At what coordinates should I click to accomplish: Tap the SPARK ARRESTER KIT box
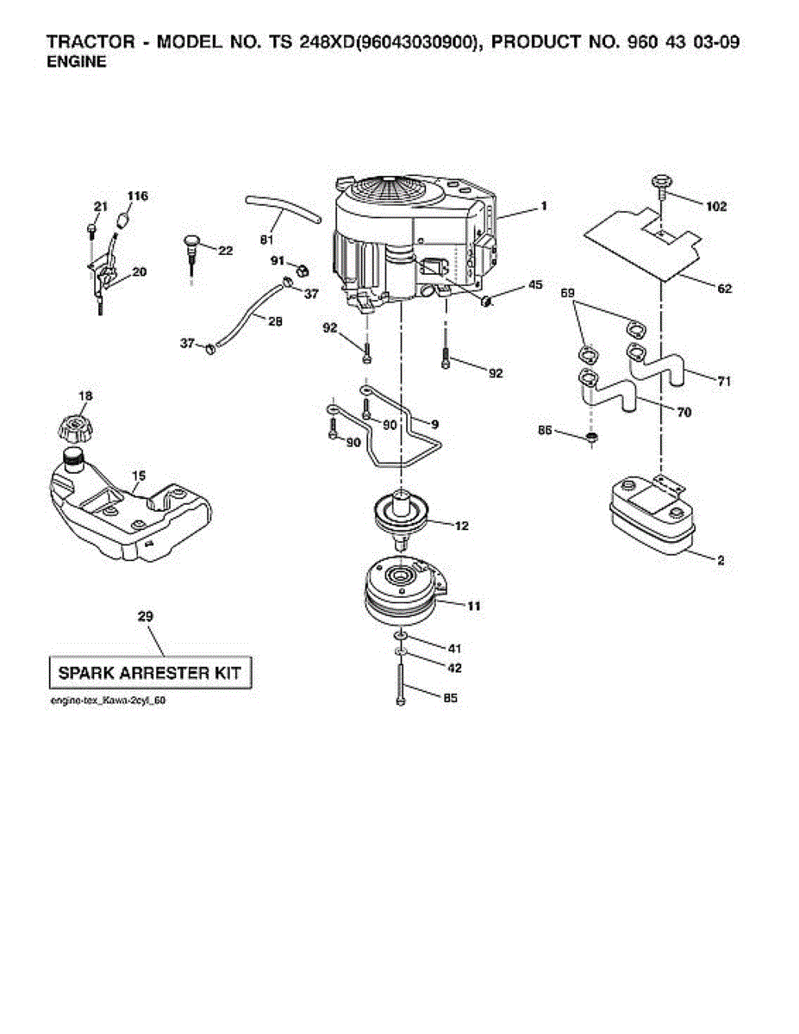(149, 673)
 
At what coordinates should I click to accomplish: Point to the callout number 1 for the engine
(544, 206)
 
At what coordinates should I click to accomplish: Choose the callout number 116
(138, 196)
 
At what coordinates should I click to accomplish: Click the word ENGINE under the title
(76, 62)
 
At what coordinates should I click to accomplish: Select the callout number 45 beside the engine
(535, 285)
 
